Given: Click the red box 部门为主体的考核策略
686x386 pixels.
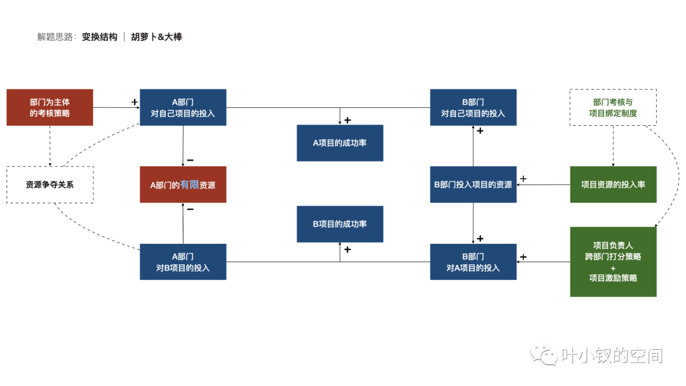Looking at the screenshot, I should tap(50, 107).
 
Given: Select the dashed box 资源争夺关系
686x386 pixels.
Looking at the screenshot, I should tap(50, 185).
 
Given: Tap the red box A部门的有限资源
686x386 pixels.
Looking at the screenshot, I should tap(183, 185).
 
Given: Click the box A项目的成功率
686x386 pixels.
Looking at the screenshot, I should tap(340, 143).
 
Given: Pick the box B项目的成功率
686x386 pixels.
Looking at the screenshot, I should tap(340, 224).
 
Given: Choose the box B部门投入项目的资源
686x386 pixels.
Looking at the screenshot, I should tap(473, 185).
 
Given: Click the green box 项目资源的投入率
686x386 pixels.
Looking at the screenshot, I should tap(613, 185).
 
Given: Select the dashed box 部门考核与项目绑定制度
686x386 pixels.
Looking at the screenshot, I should tap(613, 107).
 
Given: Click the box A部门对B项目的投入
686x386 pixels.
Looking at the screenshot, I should tap(183, 262).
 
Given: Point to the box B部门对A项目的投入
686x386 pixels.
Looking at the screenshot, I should tap(473, 262).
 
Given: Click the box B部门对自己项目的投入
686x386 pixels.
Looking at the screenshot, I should tap(473, 107).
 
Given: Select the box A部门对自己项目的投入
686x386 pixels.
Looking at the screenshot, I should tap(183, 107).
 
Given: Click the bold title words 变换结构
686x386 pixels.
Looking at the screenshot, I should tap(100, 37).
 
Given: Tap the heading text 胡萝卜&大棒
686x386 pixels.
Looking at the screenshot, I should tap(156, 37).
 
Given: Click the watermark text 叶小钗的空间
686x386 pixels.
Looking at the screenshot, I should tap(612, 356).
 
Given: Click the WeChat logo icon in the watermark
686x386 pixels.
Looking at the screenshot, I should tap(544, 356).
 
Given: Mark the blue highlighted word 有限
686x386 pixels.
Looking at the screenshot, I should tap(189, 185).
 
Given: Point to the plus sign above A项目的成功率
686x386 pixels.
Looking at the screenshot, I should tap(347, 120).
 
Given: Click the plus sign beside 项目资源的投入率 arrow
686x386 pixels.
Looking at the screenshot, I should tap(523, 178).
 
